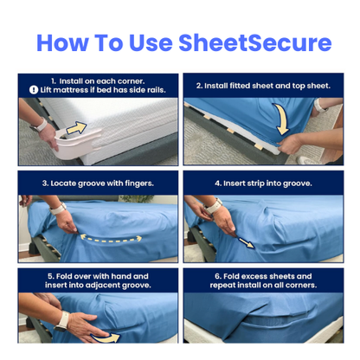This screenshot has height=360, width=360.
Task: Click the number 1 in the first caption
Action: (x=54, y=80)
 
